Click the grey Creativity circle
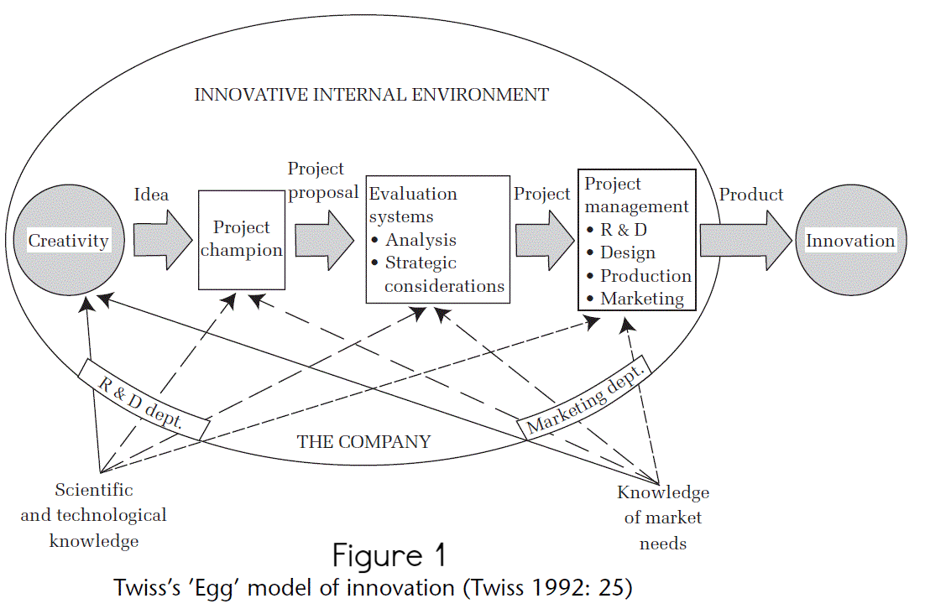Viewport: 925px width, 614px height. point(69,242)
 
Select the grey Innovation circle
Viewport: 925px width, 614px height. point(850,242)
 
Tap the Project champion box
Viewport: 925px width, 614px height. point(240,239)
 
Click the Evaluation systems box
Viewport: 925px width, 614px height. point(438,239)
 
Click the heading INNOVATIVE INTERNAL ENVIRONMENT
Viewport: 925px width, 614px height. point(371,95)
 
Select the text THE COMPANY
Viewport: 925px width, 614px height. point(363,442)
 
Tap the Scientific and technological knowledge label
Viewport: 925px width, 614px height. point(93,516)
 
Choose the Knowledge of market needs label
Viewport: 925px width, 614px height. point(663,518)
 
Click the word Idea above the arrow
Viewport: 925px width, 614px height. point(151,195)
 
